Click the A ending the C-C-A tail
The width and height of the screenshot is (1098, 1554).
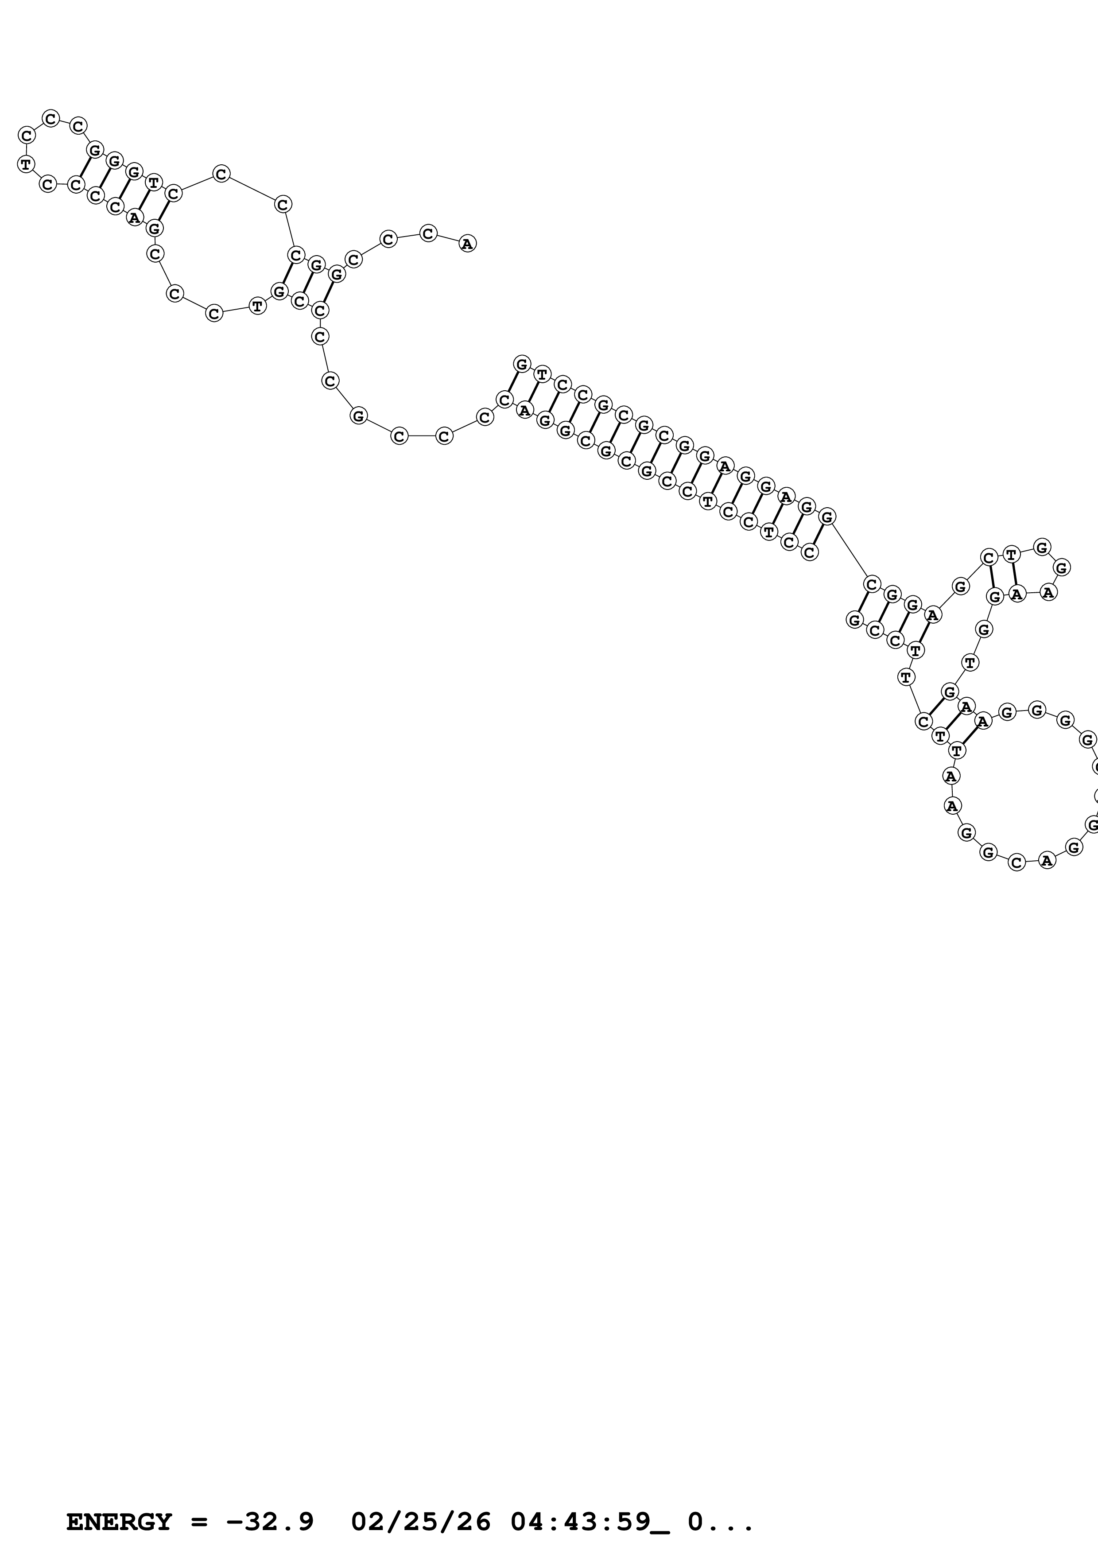467,244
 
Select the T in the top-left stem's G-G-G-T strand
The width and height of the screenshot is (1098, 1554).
154,182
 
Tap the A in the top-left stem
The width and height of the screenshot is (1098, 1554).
135,217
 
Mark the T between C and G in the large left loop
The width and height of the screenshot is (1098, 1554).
257,306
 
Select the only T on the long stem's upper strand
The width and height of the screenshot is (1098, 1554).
542,373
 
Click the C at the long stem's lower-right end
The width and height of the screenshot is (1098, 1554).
810,552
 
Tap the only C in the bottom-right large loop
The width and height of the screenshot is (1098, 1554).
1016,862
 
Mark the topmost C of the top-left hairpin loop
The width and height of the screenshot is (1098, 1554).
51,118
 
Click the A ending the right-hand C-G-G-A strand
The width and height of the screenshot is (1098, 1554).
933,615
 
